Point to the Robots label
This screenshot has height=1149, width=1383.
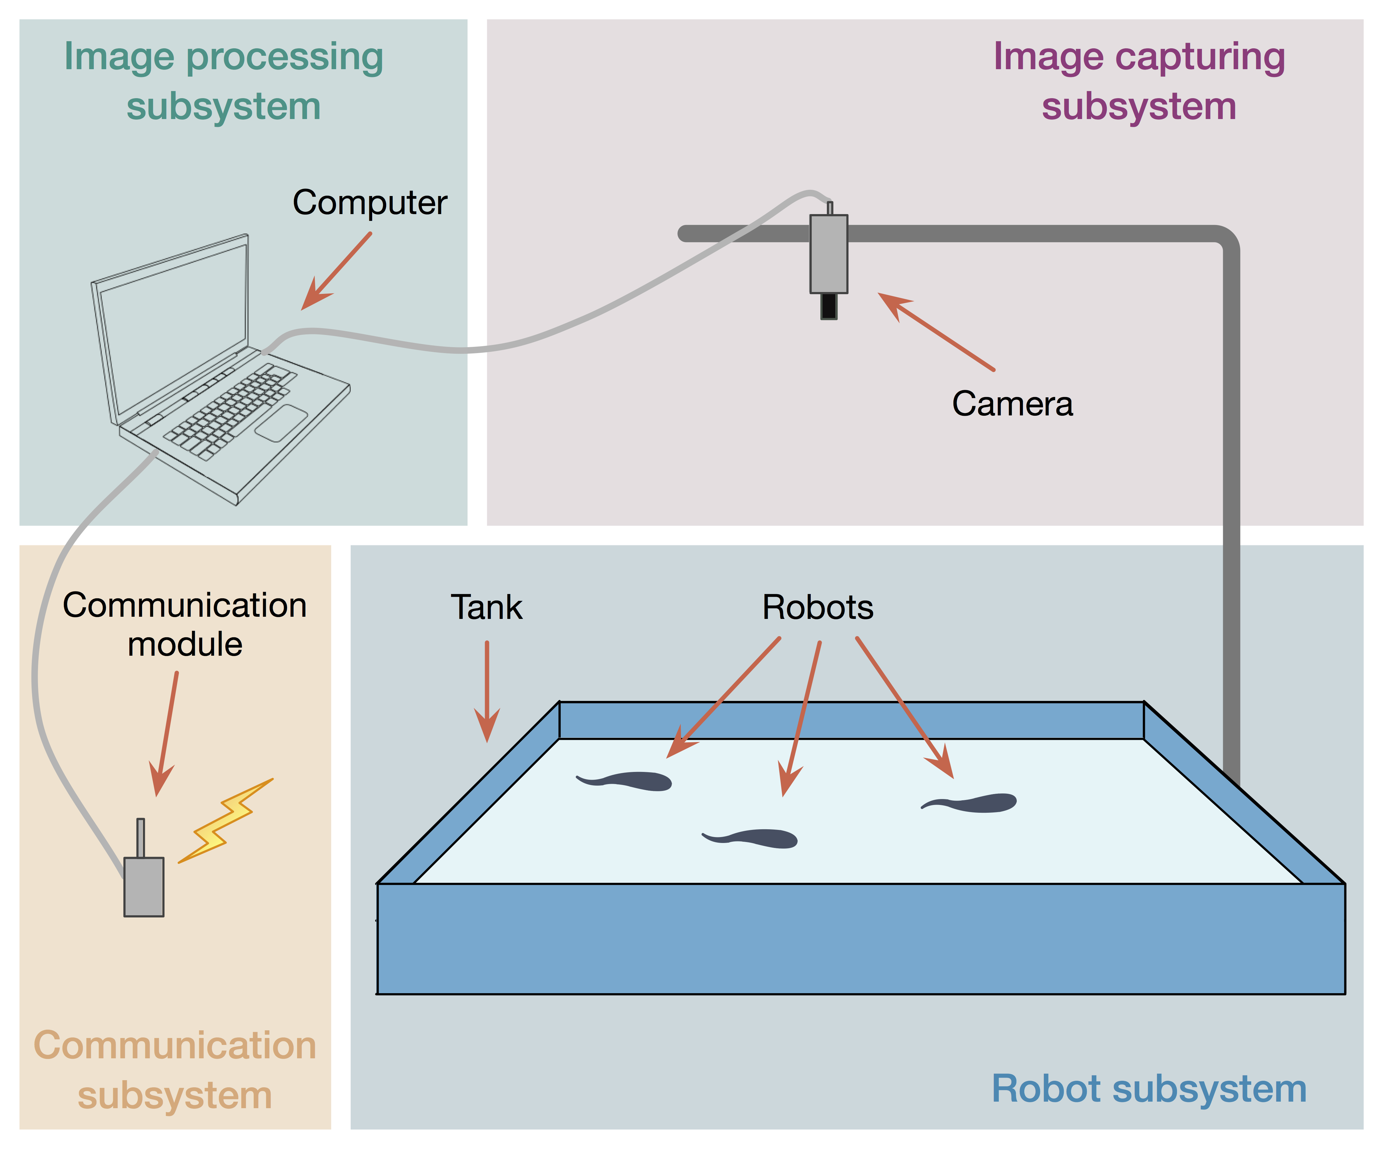coord(817,607)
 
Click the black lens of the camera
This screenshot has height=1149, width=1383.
coord(828,306)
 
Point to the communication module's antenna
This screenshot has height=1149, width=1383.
coord(140,838)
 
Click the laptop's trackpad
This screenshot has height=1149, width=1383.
coord(281,423)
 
